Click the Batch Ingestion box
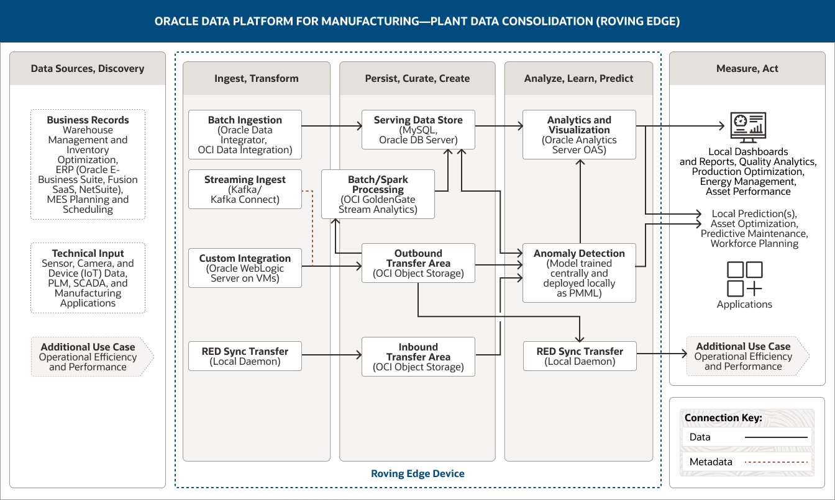245,135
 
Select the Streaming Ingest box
245,189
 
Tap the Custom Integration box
245,268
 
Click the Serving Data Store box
418,130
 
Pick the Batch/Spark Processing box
378,194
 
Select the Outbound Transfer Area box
418,263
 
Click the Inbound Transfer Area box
418,357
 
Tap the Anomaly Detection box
579,273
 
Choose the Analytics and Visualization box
579,135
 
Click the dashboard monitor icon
748,127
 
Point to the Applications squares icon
744,279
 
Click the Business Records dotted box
88,164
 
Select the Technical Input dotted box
88,278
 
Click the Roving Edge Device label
417,473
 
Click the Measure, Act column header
747,68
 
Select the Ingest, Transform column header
256,78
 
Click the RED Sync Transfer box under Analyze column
579,356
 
